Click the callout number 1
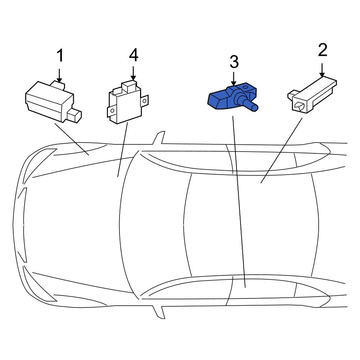(60, 55)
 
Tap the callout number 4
(134, 55)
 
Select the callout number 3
(234, 62)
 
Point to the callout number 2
(323, 50)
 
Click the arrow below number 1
(59, 76)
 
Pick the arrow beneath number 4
(133, 73)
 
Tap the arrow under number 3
(234, 79)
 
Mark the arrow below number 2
(322, 70)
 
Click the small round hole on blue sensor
(246, 87)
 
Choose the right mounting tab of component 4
(144, 101)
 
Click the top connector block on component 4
(129, 87)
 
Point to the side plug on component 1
(75, 115)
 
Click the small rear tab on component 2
(291, 95)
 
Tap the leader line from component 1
(72, 139)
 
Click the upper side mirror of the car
(159, 138)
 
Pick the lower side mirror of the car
(159, 312)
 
